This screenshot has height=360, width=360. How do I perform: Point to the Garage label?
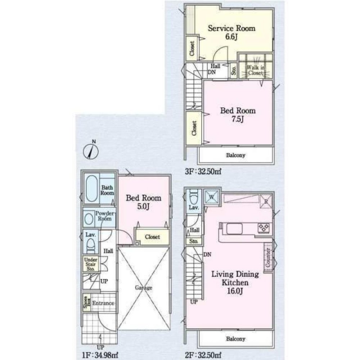144,288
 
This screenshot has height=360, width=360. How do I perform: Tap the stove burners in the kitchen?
264,228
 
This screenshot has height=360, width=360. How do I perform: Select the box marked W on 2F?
211,197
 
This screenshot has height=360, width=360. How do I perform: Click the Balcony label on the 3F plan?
236,156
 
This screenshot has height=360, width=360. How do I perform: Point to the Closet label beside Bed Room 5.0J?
152,237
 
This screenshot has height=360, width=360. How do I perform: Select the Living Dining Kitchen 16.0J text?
235,279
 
